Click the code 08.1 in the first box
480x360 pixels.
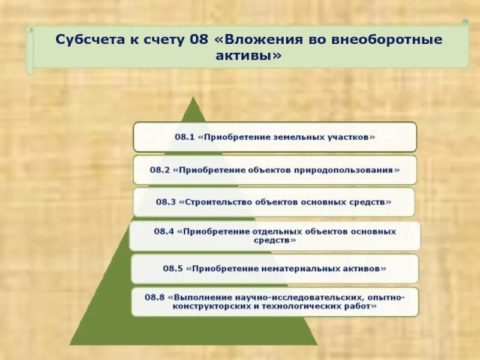(185, 137)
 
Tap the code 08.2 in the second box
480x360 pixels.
(160, 170)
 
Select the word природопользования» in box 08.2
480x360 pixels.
(346, 170)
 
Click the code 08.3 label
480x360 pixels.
(166, 202)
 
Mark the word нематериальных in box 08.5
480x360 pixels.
(303, 269)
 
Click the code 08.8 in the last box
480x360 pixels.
(155, 297)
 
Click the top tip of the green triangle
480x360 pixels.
(194, 97)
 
